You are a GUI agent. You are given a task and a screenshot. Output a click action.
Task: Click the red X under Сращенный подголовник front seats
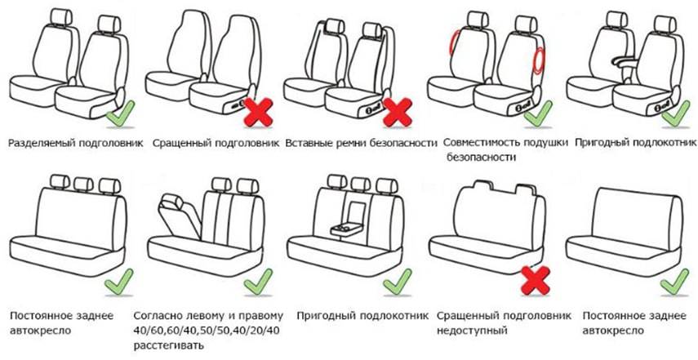(259, 112)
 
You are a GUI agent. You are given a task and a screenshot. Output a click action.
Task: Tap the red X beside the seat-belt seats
(398, 112)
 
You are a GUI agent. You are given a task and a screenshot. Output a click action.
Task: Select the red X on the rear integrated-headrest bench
(536, 280)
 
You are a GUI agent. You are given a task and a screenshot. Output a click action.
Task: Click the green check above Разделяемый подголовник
(121, 114)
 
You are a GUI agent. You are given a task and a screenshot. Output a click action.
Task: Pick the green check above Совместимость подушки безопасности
(539, 114)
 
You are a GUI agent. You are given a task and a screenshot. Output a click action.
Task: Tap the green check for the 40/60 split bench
(258, 282)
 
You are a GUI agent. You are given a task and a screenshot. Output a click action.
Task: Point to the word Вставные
(305, 143)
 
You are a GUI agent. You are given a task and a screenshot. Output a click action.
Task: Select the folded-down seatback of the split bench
(181, 216)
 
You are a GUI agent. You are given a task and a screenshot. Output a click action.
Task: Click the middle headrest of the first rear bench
(83, 183)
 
